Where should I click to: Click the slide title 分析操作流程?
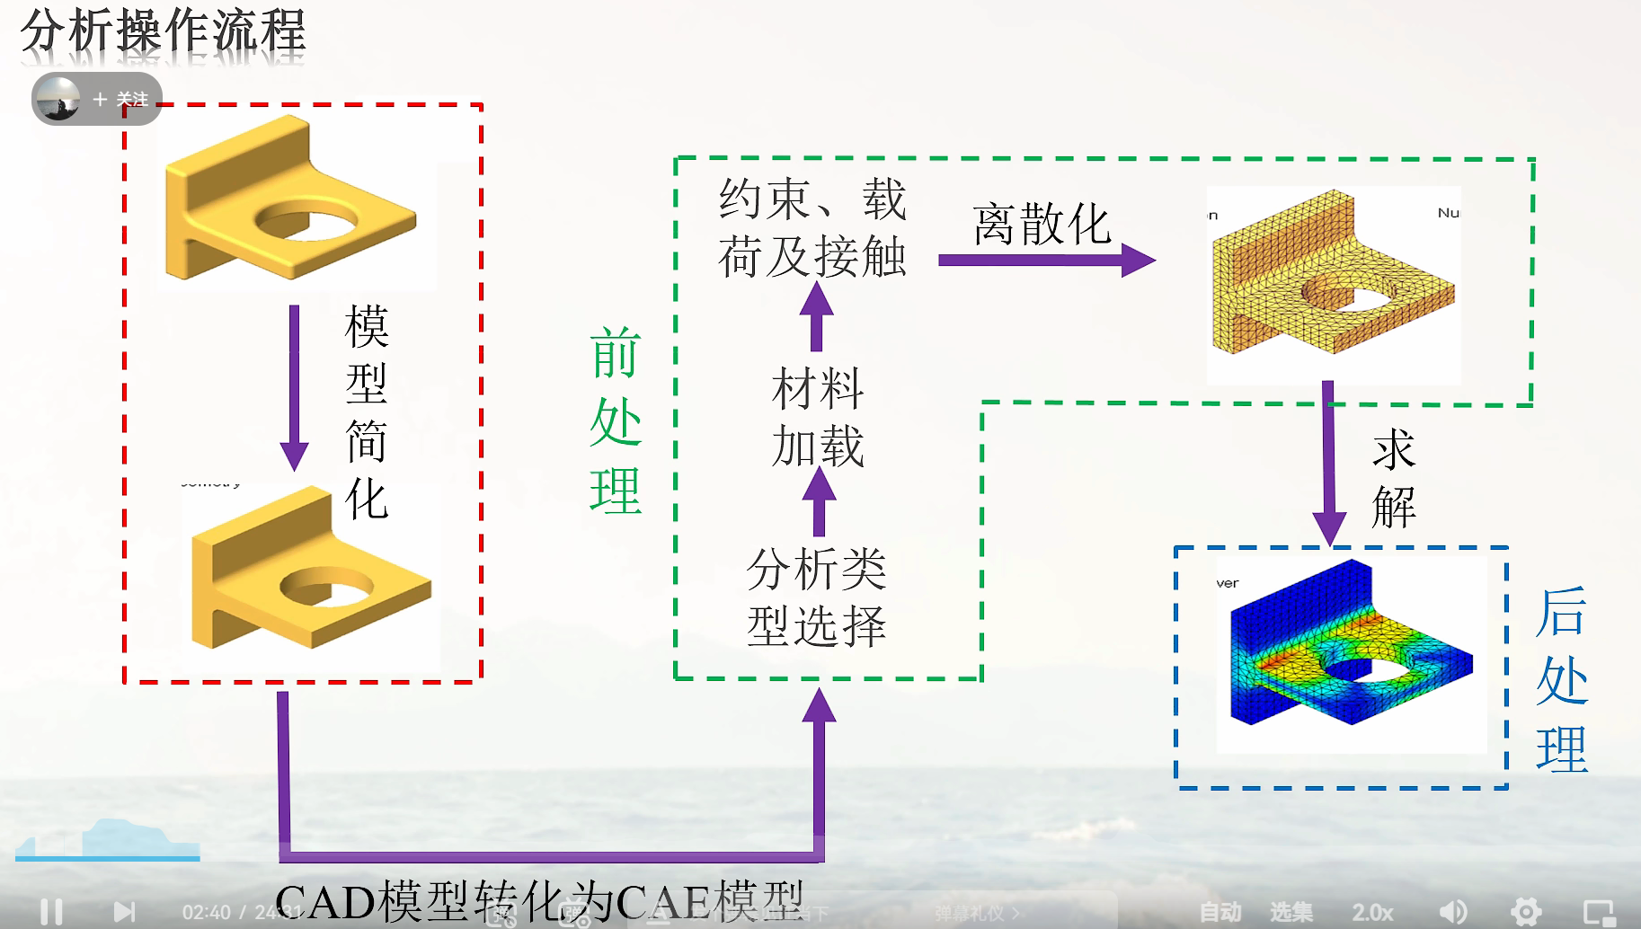pyautogui.click(x=163, y=33)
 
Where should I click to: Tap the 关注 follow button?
pyautogui.click(x=121, y=99)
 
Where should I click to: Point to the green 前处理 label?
pyautogui.click(x=616, y=420)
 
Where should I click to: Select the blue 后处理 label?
pyautogui.click(x=1562, y=680)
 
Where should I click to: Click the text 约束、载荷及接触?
pyautogui.click(x=812, y=227)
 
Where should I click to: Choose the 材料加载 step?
pyautogui.click(x=818, y=417)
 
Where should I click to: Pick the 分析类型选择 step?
pyautogui.click(x=817, y=597)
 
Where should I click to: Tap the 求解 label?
pyautogui.click(x=1394, y=478)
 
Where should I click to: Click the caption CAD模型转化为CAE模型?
pyautogui.click(x=539, y=901)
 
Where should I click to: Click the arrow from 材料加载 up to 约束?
pyautogui.click(x=816, y=315)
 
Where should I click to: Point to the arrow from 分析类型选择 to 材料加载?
pyautogui.click(x=819, y=500)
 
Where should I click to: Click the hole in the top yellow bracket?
pyautogui.click(x=306, y=220)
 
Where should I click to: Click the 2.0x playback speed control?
pyautogui.click(x=1372, y=912)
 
